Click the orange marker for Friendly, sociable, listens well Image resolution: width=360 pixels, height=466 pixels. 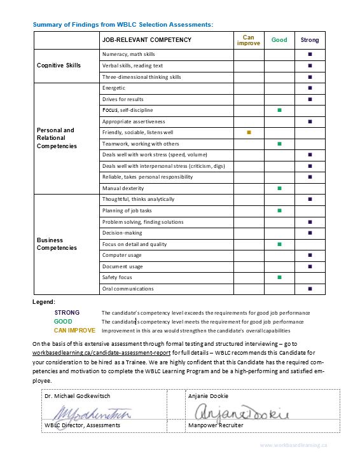click(249, 132)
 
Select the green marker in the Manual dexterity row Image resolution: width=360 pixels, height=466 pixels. click(279, 188)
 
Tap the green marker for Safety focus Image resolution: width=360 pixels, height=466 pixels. click(279, 277)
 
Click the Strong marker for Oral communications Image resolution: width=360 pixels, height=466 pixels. click(310, 289)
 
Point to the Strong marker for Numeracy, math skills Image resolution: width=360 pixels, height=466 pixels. click(310, 54)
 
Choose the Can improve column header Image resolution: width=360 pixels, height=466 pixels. click(249, 40)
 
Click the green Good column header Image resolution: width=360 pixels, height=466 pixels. click(279, 40)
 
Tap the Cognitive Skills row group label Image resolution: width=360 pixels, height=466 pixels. click(59, 65)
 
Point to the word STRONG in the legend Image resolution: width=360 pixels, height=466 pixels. click(67, 313)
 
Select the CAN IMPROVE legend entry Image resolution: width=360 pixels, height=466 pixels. click(74, 331)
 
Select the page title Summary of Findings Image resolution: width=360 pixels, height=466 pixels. click(123, 24)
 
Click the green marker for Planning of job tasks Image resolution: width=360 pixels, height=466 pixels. click(279, 210)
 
